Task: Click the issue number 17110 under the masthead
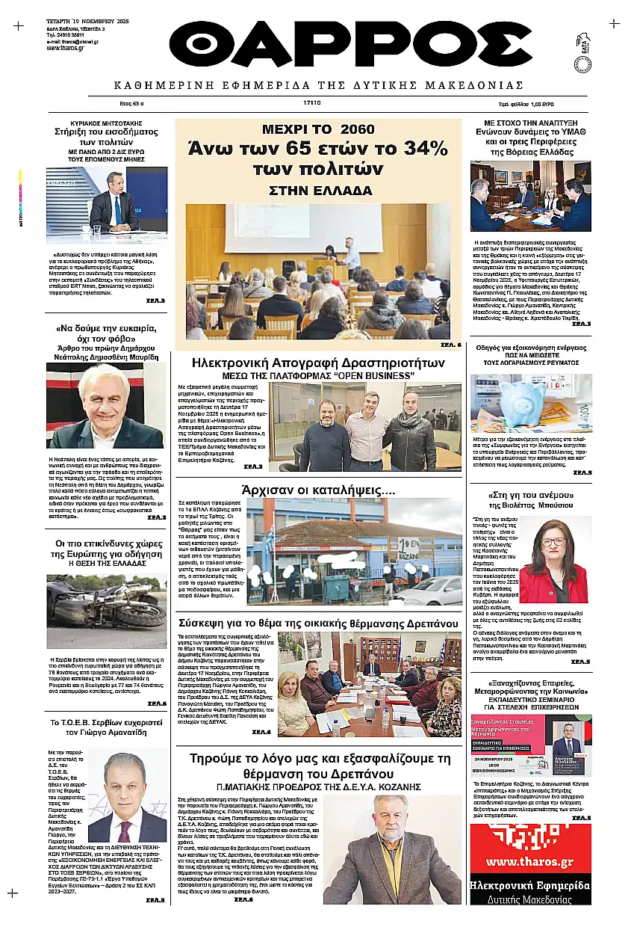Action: point(312,103)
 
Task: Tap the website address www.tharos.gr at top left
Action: point(63,48)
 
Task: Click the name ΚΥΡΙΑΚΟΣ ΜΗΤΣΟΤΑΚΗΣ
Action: point(106,123)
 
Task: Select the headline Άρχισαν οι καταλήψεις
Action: point(318,491)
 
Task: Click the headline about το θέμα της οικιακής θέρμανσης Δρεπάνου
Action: point(317,623)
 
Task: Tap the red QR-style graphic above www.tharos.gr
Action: point(530,836)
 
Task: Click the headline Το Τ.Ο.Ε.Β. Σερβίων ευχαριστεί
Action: point(106,723)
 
